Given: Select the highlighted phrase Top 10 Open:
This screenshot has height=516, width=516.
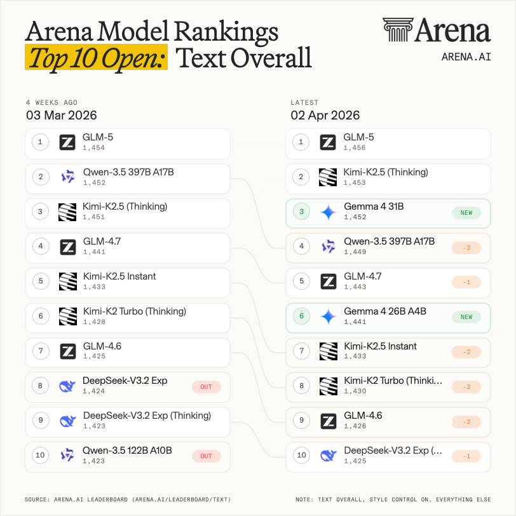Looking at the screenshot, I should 96,58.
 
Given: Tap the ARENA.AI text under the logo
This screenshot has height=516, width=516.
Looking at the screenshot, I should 466,57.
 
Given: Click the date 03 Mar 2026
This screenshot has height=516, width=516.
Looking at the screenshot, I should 61,115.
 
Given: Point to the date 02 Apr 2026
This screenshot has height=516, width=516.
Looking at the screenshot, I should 325,115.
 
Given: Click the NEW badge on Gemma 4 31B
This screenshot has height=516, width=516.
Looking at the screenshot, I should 466,213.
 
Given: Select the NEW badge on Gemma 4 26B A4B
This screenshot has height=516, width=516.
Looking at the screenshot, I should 466,316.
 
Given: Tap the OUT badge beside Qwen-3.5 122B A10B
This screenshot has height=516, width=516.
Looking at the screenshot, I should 206,456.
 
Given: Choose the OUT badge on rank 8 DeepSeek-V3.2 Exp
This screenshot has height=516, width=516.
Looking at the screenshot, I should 206,386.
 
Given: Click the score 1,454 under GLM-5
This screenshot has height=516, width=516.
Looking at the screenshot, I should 93,148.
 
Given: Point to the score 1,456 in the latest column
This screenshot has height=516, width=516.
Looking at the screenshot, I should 355,148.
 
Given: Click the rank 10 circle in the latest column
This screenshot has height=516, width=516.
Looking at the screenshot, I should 302,455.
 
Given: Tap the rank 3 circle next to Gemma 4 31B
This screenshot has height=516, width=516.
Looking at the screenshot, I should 302,212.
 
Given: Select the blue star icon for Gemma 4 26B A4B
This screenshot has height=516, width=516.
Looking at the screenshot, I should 328,316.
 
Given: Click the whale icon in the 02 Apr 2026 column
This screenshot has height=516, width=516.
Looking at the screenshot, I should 328,455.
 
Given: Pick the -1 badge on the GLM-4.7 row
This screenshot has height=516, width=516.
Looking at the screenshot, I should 466,282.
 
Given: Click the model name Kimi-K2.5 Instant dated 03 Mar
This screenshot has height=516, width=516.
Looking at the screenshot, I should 119,276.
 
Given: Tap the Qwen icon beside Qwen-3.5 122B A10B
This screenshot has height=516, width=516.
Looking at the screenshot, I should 67,455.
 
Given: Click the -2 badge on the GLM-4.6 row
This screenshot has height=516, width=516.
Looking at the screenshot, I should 466,421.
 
